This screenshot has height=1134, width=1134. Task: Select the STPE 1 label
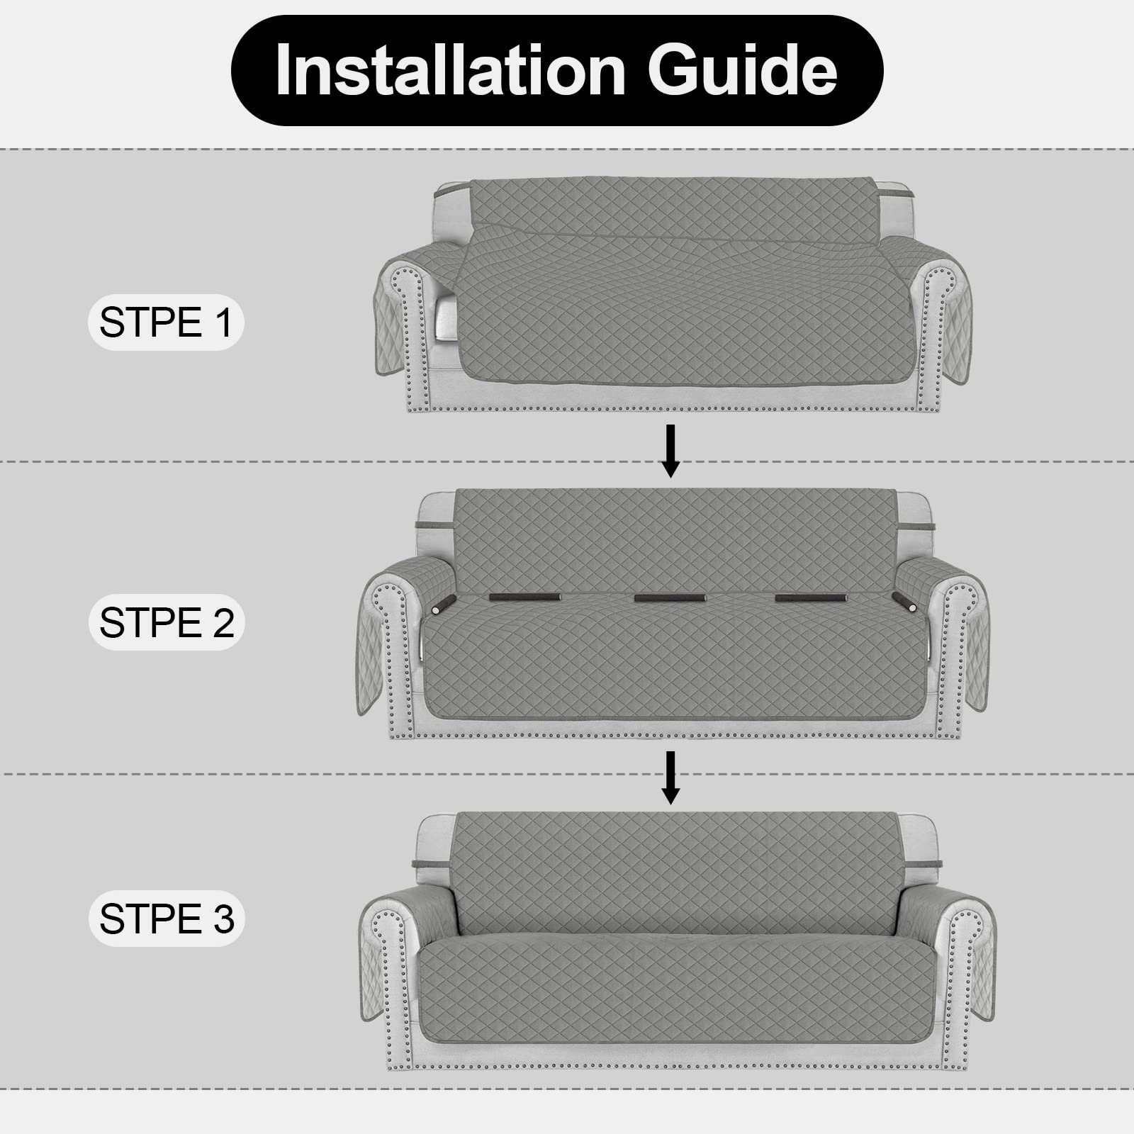point(165,322)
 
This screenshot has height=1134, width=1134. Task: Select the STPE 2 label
point(166,622)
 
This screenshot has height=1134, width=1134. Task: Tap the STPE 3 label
point(166,919)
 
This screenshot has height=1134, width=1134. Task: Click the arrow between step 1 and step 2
point(670,451)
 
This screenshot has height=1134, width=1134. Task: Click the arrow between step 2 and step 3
point(670,777)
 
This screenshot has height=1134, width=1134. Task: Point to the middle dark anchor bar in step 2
point(669,598)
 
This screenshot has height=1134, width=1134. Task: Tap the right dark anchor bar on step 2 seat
point(810,598)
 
